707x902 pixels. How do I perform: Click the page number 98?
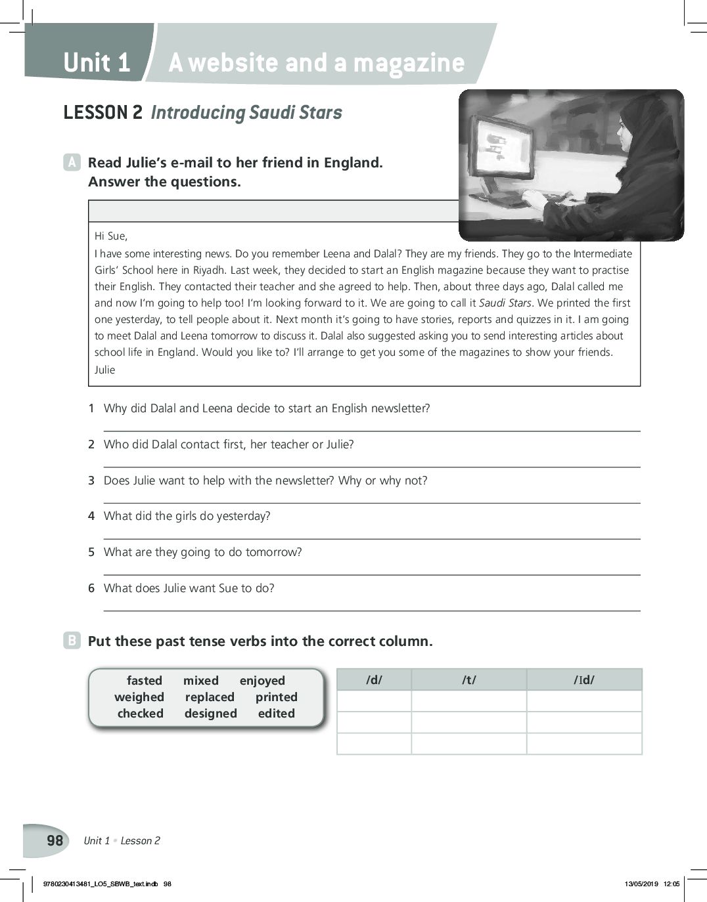point(55,841)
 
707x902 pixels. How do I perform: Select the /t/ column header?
point(468,680)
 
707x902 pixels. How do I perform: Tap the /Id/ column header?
point(583,680)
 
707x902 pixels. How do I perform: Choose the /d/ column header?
point(374,680)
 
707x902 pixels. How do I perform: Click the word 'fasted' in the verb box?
point(144,681)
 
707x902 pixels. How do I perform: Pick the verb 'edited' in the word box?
point(276,714)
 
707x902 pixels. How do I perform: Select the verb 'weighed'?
point(139,697)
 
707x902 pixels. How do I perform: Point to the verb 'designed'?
point(210,714)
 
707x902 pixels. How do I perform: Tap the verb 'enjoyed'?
point(262,681)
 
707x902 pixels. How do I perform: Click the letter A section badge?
point(72,162)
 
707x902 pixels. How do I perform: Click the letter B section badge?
point(72,641)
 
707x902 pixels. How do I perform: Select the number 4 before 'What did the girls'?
point(91,516)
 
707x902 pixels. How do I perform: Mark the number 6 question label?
point(91,588)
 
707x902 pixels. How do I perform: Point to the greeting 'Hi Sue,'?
point(111,236)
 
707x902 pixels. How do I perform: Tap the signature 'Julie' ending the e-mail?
point(104,370)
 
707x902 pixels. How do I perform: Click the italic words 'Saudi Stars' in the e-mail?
point(505,303)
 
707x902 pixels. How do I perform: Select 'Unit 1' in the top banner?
point(97,63)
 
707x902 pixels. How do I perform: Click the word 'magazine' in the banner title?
point(409,63)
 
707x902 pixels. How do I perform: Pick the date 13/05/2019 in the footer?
point(641,884)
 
